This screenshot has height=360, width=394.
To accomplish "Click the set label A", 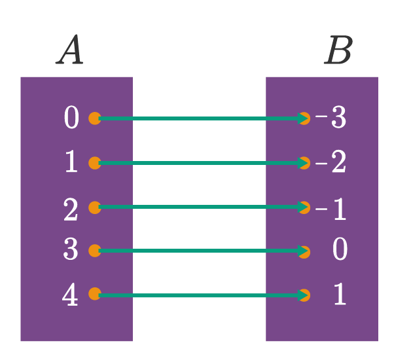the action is click(69, 50).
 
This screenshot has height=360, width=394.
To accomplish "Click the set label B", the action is click(338, 50).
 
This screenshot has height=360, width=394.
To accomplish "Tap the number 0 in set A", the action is click(71, 117).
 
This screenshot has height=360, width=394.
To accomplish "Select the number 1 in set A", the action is click(71, 161).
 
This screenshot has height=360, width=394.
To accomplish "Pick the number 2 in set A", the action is click(71, 209).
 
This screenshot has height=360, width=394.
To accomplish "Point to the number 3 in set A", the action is click(71, 249).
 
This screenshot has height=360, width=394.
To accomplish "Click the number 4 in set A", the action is click(70, 294).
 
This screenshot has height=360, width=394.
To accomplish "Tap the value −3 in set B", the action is click(331, 117).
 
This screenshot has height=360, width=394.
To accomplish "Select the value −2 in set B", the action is click(331, 161).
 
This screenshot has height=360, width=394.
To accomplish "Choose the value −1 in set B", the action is click(331, 209).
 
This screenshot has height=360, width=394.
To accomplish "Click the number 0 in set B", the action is click(340, 249).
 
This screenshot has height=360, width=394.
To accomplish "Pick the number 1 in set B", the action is click(340, 294).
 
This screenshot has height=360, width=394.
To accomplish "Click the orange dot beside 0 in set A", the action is click(95, 118).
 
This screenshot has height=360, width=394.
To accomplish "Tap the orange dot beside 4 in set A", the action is click(95, 294).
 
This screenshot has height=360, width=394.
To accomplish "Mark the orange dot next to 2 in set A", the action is click(95, 207).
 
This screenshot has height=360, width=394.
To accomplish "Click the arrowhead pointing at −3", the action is click(303, 118).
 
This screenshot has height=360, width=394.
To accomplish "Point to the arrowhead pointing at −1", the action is click(303, 207).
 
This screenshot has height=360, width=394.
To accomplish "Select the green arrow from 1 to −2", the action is click(204, 163).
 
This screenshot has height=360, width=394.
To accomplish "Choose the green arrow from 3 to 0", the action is click(204, 251).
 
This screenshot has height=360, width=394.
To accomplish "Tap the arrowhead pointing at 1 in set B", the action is click(303, 295).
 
